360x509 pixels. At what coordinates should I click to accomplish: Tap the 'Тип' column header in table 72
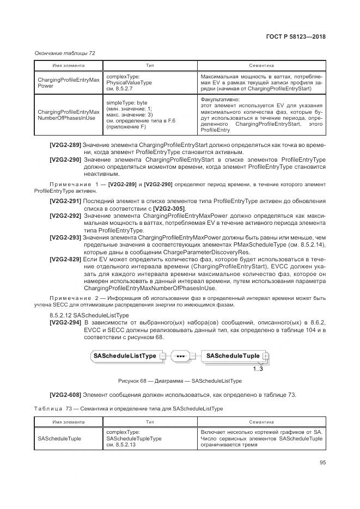coord(150,65)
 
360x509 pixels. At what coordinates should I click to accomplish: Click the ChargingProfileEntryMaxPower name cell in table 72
coord(68,83)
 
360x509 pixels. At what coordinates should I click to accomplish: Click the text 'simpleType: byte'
coord(127,102)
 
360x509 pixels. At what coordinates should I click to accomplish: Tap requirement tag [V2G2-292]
coord(65,216)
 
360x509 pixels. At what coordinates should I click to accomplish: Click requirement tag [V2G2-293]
coord(65,238)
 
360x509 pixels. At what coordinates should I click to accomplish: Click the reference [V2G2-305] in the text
coord(169,209)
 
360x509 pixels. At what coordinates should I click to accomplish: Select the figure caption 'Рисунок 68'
coord(179,381)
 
